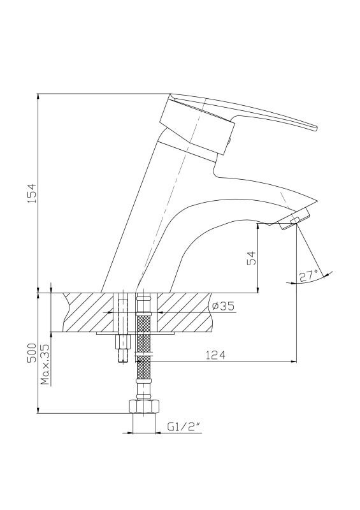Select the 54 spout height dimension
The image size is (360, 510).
(x=252, y=258)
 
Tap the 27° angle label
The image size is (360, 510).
(x=308, y=275)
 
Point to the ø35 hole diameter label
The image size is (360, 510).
(x=223, y=306)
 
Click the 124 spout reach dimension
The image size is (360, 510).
(x=215, y=355)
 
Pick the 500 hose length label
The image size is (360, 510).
(x=32, y=353)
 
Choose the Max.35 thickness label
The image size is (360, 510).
(x=46, y=364)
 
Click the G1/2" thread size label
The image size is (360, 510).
(x=183, y=426)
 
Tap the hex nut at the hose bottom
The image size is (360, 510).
(x=144, y=406)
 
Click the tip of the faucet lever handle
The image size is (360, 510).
(x=315, y=128)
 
